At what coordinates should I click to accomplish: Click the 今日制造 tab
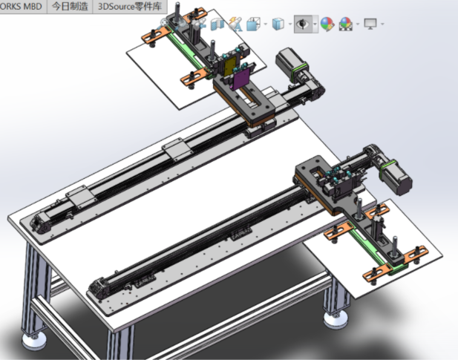70,6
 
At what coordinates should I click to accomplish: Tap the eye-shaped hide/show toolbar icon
302,24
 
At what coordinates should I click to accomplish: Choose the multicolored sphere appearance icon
327,24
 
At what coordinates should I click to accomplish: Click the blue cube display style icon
278,24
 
